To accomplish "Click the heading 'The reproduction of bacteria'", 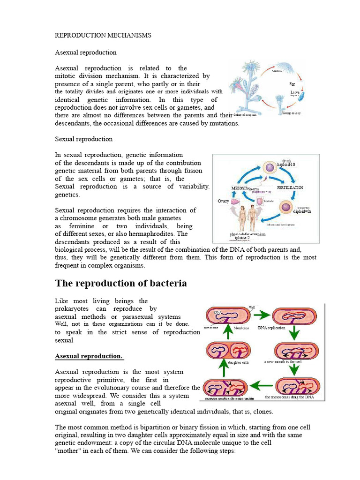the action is point(121,283).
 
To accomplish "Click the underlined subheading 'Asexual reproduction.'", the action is point(89,356).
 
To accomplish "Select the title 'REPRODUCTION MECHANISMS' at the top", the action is point(103,35).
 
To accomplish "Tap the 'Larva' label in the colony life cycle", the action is point(294,92).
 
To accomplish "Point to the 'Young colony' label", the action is point(291,113).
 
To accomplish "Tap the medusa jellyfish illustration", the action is point(285,66).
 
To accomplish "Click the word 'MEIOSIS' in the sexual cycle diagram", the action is point(239,188).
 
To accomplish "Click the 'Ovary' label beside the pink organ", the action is point(223,201).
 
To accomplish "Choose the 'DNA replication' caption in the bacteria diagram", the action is point(271,328).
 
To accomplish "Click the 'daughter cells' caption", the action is point(238,362).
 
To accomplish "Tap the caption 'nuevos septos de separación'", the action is point(227,398).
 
